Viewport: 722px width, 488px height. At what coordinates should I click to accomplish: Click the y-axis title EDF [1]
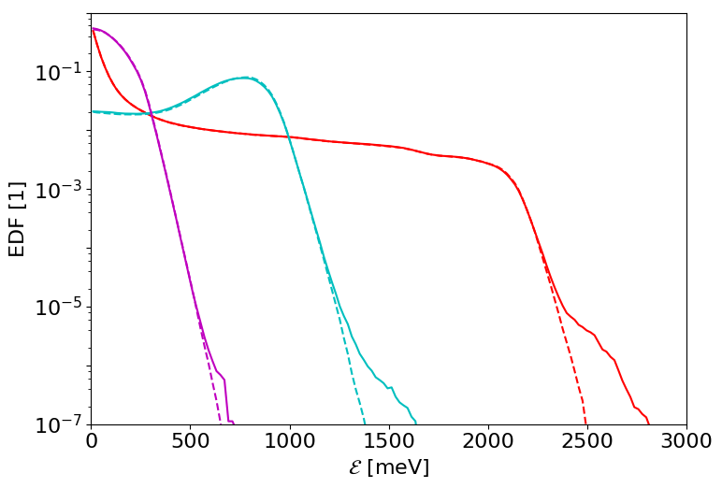(x=16, y=219)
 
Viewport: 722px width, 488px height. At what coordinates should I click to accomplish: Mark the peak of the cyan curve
(x=245, y=78)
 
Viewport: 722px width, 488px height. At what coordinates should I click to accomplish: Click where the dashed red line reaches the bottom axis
(x=586, y=424)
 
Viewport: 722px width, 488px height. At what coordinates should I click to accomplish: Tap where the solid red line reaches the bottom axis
(x=648, y=424)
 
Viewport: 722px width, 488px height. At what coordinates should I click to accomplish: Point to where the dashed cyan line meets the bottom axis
(x=364, y=424)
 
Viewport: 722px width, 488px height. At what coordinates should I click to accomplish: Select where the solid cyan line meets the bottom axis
(x=416, y=424)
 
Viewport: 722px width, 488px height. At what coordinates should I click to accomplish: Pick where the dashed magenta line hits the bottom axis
(x=222, y=424)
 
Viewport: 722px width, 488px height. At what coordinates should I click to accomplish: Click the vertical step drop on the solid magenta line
(x=226, y=400)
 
